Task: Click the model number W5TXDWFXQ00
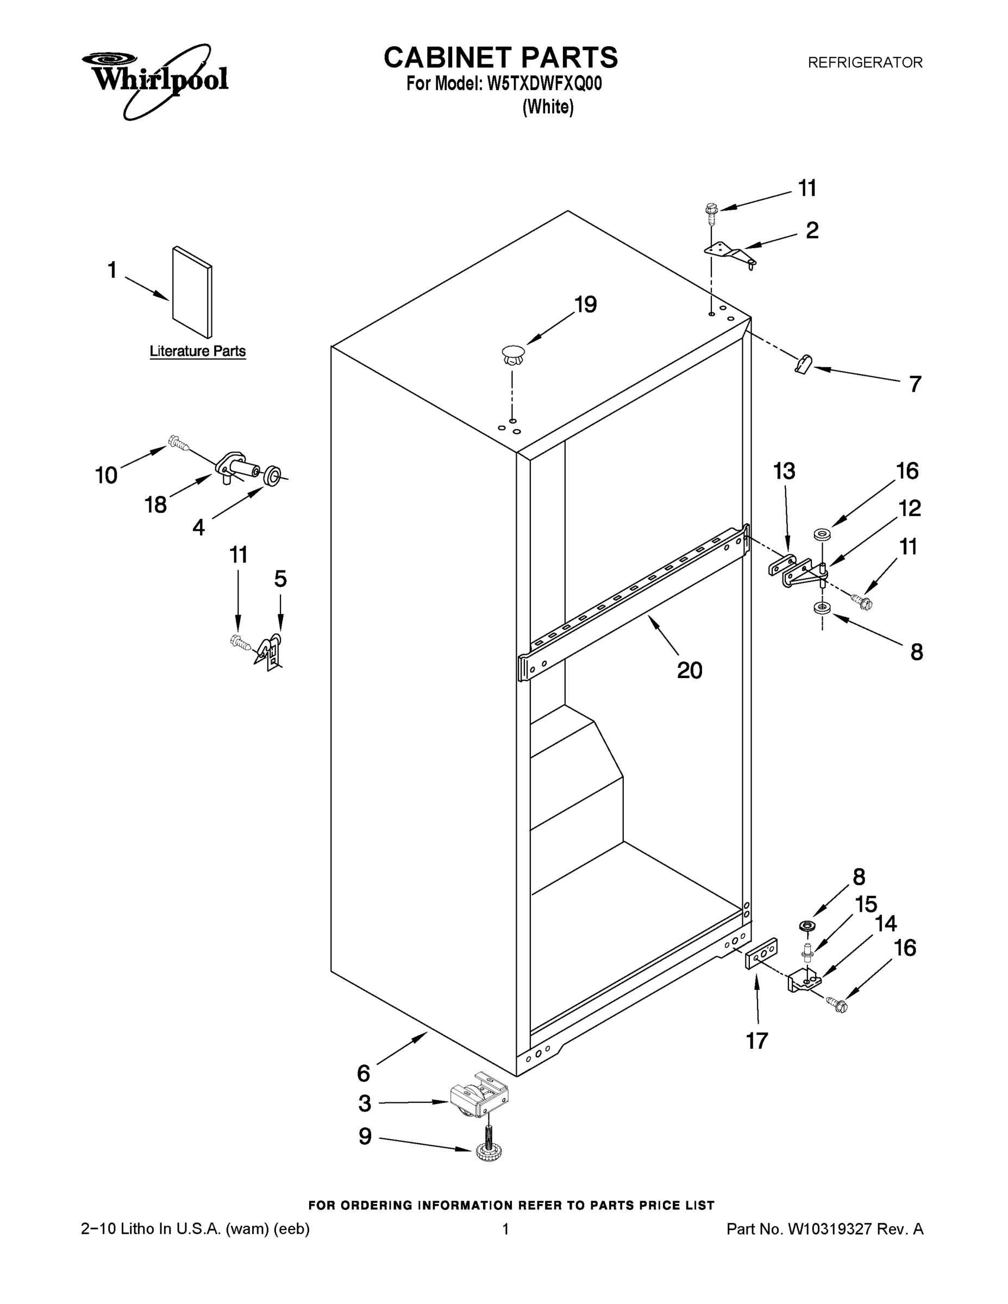pos(544,84)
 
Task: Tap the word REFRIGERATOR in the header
pos(865,62)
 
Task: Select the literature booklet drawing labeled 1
pos(192,292)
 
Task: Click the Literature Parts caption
pos(198,352)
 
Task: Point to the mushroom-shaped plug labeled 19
pos(513,355)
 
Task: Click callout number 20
pos(689,670)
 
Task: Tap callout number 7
pos(915,384)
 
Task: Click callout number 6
pos(363,1074)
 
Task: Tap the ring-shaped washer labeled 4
pos(272,476)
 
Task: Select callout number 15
pos(865,905)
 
